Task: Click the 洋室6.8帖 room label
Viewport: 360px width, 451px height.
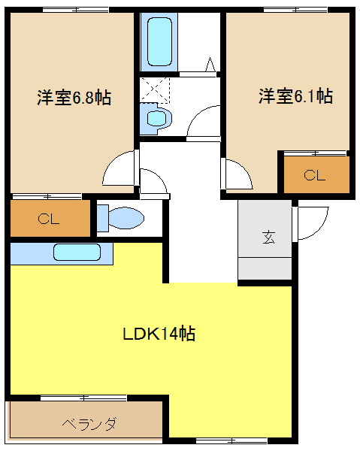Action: tap(74, 98)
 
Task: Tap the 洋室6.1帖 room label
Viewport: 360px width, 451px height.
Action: tap(295, 96)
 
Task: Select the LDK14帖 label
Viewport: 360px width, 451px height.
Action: tap(159, 334)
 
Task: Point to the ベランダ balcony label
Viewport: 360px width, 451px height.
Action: tap(89, 424)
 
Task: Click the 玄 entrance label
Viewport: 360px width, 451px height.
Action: tap(269, 238)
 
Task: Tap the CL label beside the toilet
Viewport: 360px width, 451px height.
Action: tap(48, 219)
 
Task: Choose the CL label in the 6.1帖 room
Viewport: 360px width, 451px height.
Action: tap(315, 175)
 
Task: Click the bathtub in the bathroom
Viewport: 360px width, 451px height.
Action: tap(159, 41)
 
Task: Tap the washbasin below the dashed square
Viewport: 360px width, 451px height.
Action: tap(157, 118)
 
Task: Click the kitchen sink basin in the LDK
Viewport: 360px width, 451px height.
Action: tap(77, 253)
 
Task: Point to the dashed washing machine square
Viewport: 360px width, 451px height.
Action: tap(155, 89)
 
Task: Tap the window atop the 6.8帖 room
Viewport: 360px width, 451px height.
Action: tap(76, 10)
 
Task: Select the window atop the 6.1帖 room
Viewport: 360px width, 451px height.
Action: tap(296, 10)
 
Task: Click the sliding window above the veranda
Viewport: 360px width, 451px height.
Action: tap(83, 398)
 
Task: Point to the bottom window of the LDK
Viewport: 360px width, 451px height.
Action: tap(231, 440)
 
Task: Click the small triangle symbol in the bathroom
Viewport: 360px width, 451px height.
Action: tap(210, 65)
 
